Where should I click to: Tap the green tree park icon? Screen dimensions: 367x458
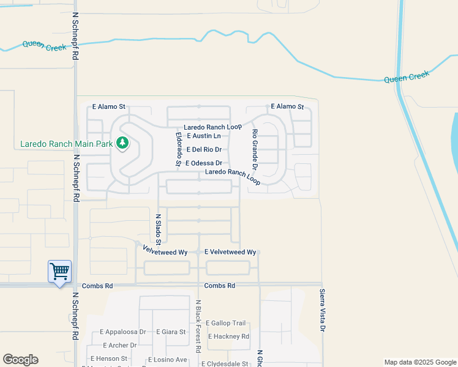point(123,143)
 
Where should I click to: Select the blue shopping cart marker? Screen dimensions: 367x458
point(59,271)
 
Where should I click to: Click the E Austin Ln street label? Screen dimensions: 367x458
point(203,136)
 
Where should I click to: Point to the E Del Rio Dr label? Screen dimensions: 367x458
point(204,149)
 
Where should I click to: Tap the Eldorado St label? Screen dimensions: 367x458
point(178,149)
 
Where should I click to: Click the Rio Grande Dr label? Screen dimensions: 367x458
point(255,149)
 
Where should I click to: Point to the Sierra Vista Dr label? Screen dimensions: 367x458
point(322,311)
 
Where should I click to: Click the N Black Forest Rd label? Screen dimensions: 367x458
point(198,327)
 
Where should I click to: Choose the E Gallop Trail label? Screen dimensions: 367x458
point(225,323)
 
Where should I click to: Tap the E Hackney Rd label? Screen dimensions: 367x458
point(228,336)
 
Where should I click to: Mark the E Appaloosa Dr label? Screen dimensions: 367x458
point(122,332)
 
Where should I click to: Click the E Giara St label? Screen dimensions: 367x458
point(171,332)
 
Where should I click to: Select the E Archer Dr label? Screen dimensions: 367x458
point(118,346)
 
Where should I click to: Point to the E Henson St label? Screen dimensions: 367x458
point(108,358)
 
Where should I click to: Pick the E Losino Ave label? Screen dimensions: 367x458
point(171,359)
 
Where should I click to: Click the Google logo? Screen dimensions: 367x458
point(20,360)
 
